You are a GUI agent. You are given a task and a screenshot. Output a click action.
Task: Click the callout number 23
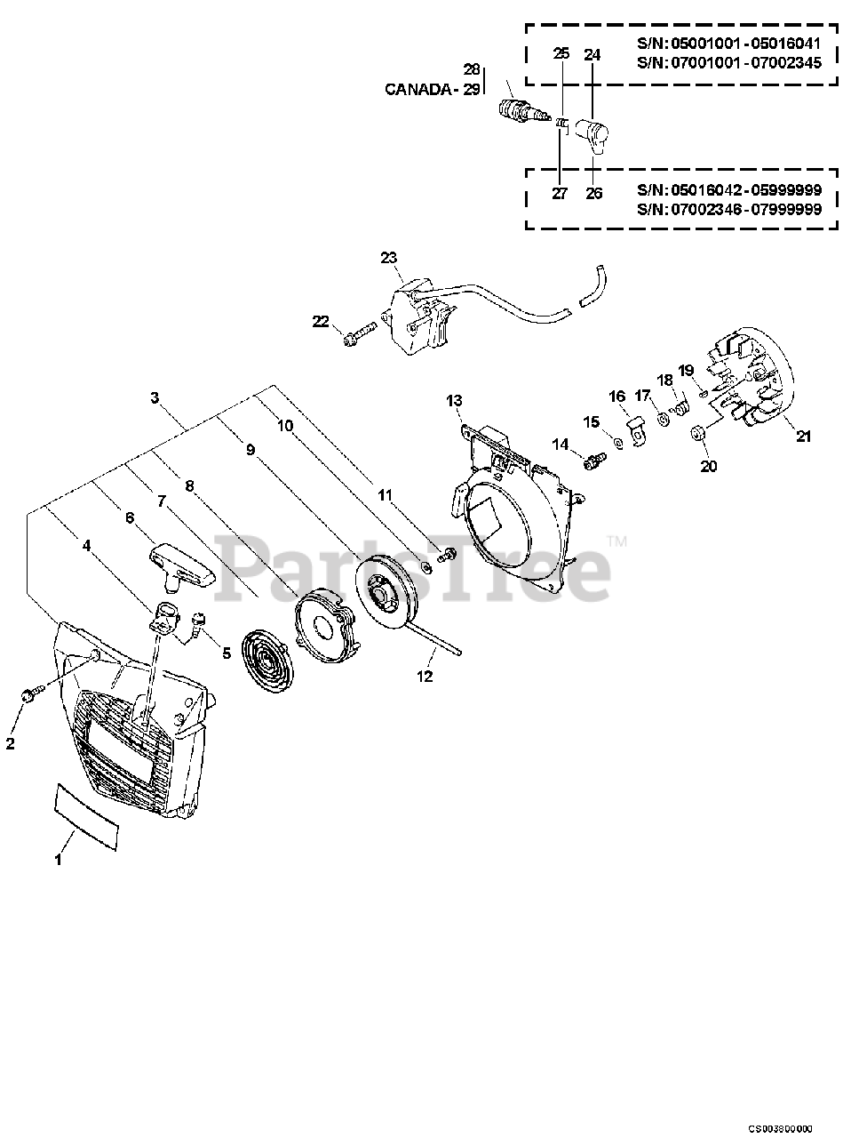pos(388,257)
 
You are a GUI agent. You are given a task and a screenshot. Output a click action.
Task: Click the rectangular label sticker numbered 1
pos(86,814)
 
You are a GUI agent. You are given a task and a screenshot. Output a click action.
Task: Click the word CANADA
pos(418,89)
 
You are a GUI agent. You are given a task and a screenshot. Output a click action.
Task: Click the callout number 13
pos(454,400)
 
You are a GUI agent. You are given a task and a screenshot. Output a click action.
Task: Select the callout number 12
pos(425,677)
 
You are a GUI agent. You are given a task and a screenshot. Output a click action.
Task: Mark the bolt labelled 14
pos(592,460)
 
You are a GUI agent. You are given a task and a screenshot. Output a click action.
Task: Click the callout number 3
pos(155,398)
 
